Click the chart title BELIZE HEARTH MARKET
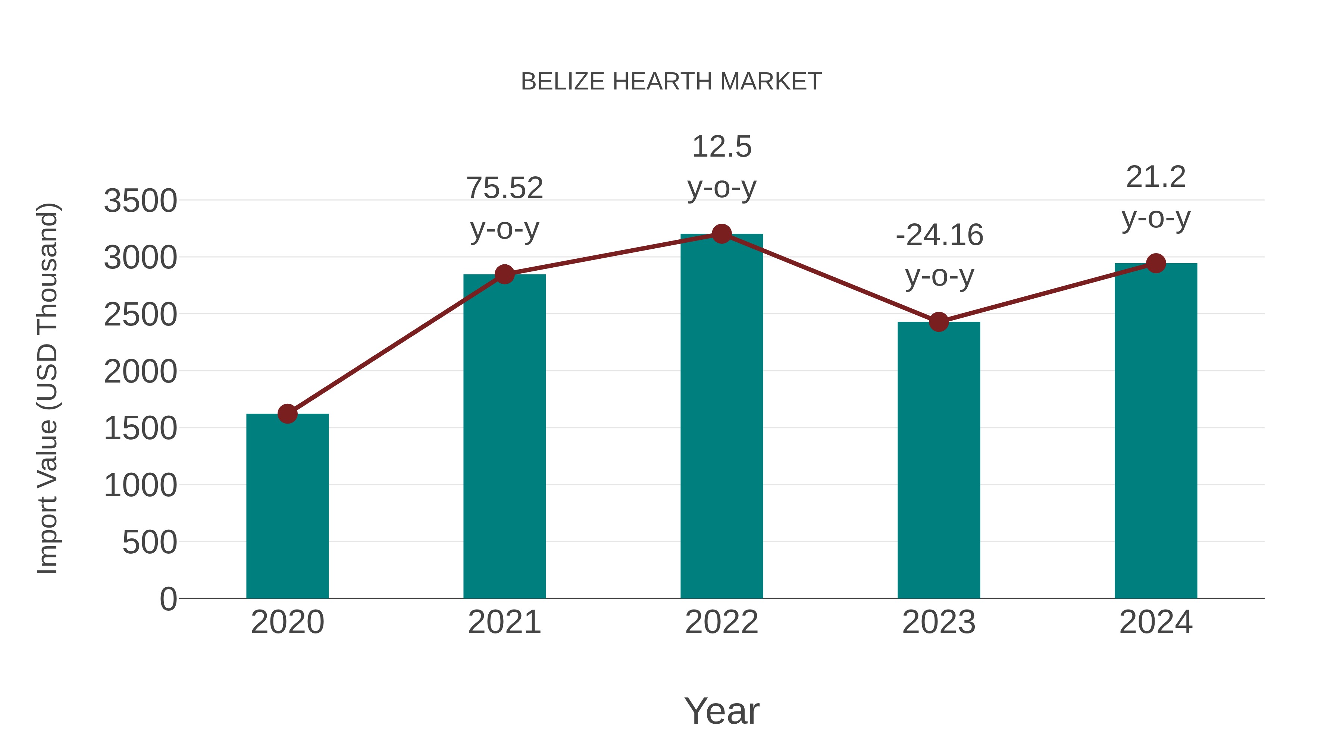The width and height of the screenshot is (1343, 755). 671,82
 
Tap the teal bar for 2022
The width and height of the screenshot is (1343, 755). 721,417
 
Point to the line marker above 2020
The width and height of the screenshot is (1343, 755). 287,414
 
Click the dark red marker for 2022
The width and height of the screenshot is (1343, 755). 721,234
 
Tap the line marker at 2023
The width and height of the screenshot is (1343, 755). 939,322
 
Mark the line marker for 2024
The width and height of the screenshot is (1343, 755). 1156,263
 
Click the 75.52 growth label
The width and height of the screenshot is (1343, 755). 504,188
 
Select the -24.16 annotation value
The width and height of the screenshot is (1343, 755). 939,235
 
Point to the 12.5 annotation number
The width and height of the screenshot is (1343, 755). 721,147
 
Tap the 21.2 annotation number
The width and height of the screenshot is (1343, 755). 1156,177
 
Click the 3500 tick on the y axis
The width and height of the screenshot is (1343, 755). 140,201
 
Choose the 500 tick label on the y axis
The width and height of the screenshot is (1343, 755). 150,542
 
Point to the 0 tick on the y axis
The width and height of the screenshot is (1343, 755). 168,599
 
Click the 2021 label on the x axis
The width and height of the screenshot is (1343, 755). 504,622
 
